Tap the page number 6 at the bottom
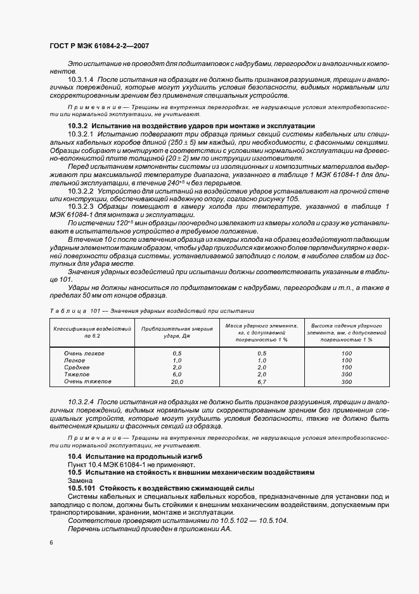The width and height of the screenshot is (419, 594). point(51,542)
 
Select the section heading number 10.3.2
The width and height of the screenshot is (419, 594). point(81,126)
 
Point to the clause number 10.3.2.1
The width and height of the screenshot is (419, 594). point(82,135)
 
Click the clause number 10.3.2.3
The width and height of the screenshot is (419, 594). point(82,207)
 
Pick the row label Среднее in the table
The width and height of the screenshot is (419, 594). point(77,367)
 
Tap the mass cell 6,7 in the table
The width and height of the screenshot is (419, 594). point(262,382)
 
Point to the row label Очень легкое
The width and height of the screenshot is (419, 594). point(84,353)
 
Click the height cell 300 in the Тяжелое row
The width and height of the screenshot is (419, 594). point(346,374)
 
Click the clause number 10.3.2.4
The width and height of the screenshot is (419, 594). point(82,403)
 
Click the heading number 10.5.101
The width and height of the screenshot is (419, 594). point(82,488)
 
